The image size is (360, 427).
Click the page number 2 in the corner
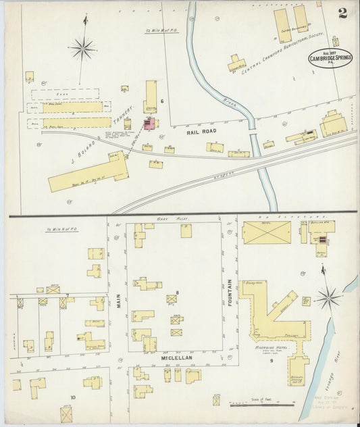click(x=342, y=13)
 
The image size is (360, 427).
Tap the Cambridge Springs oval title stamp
click(x=330, y=58)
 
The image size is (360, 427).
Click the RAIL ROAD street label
click(x=199, y=133)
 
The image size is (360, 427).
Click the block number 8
click(x=177, y=293)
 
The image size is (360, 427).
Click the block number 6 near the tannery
click(x=162, y=101)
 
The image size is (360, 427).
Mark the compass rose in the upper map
click(x=82, y=47)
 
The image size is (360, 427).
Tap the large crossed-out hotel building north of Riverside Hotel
click(x=266, y=232)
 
